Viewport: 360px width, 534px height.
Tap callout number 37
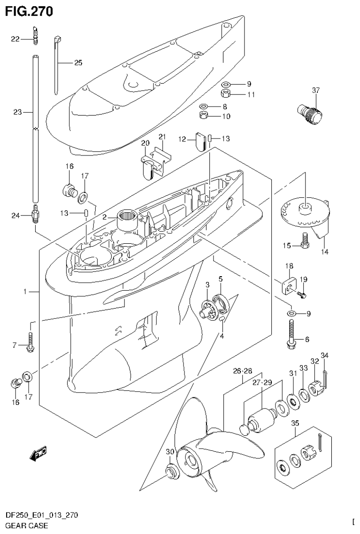coord(315,90)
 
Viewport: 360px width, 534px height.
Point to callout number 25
coord(77,62)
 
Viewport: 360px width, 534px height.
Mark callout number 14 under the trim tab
coord(324,252)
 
